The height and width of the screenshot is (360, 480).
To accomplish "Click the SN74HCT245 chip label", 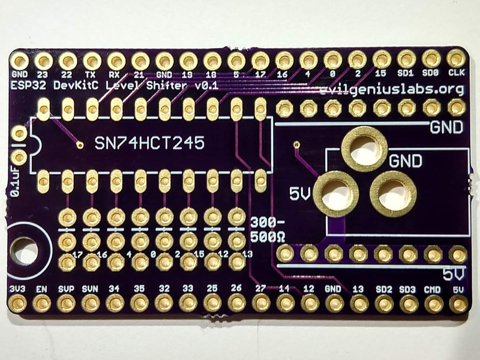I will pos(149,143).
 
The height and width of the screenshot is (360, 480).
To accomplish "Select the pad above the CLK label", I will pos(455,59).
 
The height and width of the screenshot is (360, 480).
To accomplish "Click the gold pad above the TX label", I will pos(91,60).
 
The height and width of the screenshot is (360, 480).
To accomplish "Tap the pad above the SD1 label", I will pos(406,59).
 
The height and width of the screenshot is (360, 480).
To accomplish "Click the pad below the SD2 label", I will pos(383,304).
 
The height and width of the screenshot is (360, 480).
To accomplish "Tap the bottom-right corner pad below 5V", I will pos(458,304).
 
